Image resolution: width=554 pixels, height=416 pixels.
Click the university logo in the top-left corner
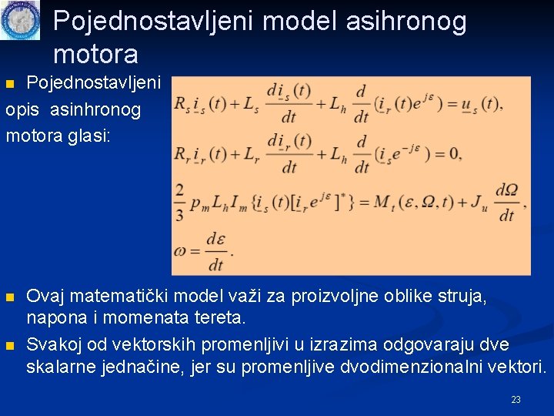tap(20, 20)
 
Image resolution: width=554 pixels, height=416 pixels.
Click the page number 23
tap(516, 400)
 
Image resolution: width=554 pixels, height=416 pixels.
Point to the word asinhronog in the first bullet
tap(95, 109)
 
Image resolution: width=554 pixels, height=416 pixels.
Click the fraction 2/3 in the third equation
tap(179, 203)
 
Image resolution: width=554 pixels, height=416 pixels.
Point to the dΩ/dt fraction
tap(506, 202)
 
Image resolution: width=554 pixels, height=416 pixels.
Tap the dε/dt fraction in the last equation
tap(215, 252)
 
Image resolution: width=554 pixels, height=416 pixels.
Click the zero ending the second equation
tap(453, 153)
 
